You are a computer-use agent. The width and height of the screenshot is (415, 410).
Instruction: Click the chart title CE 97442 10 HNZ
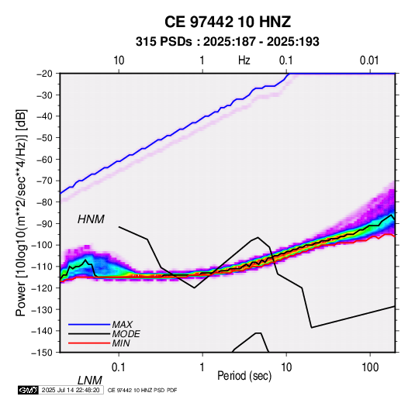click(227, 22)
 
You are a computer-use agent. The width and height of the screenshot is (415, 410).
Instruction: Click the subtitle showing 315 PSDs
click(227, 42)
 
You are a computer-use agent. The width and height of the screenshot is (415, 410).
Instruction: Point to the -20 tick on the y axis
click(44, 74)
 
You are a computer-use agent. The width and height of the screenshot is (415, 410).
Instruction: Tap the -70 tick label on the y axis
click(44, 181)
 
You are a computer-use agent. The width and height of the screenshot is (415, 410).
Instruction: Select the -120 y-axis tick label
click(42, 288)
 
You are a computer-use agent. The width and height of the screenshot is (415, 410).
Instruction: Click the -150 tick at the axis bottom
click(42, 353)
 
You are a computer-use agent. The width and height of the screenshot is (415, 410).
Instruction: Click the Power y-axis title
click(21, 213)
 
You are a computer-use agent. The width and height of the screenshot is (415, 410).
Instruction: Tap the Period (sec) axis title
click(244, 376)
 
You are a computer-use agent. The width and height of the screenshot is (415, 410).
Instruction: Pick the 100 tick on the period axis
click(370, 367)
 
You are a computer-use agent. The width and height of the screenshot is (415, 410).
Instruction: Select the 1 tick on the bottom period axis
click(202, 367)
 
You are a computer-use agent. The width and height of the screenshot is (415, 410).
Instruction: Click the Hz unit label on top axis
click(244, 60)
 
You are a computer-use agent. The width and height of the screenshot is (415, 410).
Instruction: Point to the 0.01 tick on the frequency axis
click(369, 60)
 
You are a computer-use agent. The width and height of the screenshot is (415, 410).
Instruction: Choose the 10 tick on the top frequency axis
click(119, 60)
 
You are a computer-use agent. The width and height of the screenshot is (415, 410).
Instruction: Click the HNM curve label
click(91, 219)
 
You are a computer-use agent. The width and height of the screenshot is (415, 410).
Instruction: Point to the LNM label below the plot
click(90, 381)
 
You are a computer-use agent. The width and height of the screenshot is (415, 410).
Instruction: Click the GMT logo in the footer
click(28, 390)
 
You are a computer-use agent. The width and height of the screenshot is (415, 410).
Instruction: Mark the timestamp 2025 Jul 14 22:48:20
click(71, 390)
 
